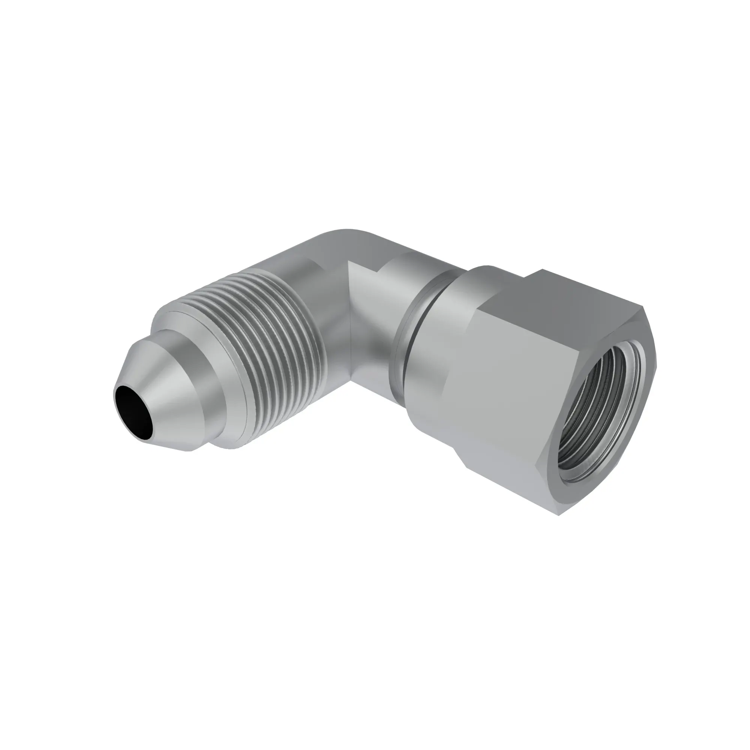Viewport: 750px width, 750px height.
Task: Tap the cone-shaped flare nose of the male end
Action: click(171, 404)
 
